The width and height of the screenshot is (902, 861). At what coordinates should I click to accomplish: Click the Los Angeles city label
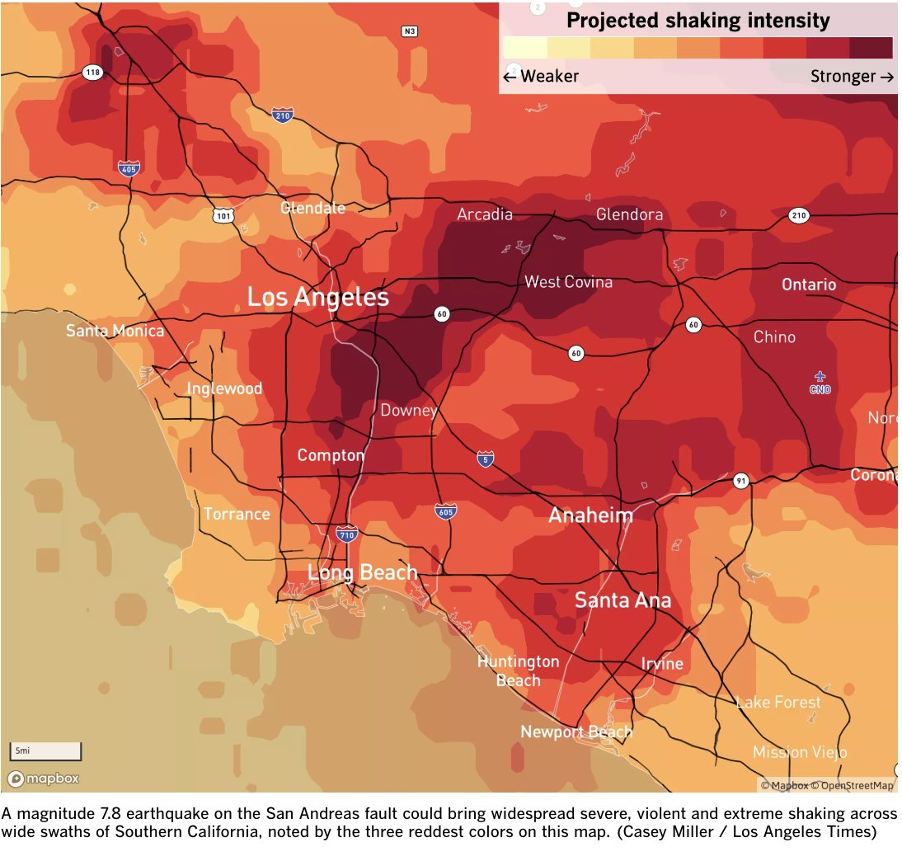click(x=317, y=297)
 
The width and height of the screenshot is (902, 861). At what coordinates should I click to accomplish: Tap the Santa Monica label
click(x=115, y=331)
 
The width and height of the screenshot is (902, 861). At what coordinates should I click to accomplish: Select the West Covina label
click(x=568, y=282)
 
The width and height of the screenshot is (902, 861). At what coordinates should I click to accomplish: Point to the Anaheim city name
click(x=590, y=515)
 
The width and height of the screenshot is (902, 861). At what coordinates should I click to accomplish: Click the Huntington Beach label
click(x=518, y=670)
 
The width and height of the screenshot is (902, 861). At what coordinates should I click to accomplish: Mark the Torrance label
click(x=237, y=514)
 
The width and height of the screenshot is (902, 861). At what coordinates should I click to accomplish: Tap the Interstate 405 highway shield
click(x=129, y=168)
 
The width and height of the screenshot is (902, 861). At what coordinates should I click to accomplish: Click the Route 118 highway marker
click(x=93, y=73)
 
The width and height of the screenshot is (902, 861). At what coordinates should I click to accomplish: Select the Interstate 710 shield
click(x=347, y=535)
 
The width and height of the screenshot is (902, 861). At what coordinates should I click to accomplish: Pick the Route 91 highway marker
click(x=741, y=480)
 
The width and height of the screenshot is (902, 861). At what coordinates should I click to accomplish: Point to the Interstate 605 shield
click(x=445, y=512)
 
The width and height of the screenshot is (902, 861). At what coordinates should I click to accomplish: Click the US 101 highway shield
click(x=223, y=215)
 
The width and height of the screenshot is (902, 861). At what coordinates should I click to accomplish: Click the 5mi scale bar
click(x=45, y=750)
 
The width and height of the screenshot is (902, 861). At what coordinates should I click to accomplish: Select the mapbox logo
click(x=44, y=779)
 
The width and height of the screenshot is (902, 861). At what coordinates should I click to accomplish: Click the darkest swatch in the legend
click(x=871, y=48)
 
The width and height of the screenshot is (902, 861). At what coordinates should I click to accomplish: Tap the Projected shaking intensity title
click(x=698, y=21)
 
